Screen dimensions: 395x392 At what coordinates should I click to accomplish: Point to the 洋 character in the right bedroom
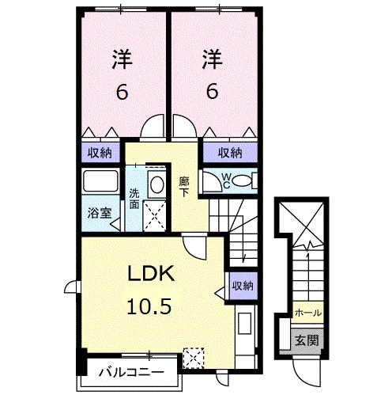tap(210, 59)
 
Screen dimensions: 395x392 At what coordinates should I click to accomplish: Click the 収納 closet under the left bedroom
tap(100, 153)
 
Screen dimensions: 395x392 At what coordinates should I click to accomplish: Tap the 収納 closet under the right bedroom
tap(229, 153)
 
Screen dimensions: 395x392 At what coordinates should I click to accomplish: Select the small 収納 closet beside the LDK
tap(243, 286)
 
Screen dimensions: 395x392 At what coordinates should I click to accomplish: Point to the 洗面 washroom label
tap(134, 197)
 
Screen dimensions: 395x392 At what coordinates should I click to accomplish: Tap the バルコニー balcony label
tap(132, 372)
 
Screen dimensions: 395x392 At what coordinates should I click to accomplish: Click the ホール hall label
tap(307, 313)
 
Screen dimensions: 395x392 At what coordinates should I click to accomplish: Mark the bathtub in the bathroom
tap(99, 183)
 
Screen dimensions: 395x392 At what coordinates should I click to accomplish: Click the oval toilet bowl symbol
tap(243, 181)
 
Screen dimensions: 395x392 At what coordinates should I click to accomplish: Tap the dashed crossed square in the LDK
tap(193, 357)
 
